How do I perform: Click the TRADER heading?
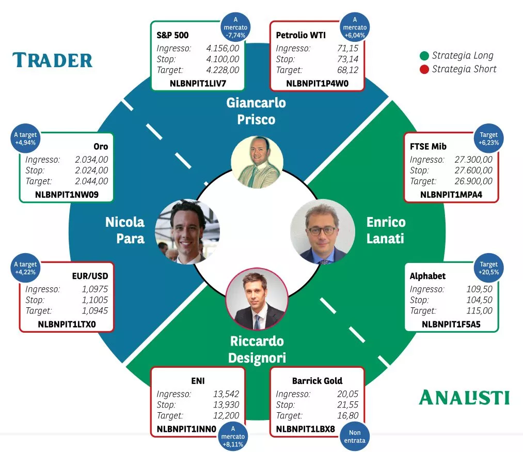tap(52, 60)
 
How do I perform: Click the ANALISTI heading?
tap(464, 397)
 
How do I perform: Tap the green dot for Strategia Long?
tap(424, 56)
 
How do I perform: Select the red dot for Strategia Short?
tap(424, 69)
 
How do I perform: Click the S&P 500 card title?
tap(172, 36)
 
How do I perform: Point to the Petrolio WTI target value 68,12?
tap(347, 70)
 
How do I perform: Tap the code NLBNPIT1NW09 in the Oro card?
tap(67, 195)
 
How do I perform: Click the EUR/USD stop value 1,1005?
tap(95, 300)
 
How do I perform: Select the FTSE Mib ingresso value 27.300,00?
tap(473, 160)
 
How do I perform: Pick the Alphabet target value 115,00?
tap(479, 311)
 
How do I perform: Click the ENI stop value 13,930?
tap(226, 405)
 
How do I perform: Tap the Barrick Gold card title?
tap(317, 381)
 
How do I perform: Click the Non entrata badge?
tap(355, 437)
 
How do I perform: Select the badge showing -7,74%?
tap(235, 27)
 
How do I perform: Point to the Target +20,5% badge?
tap(488, 268)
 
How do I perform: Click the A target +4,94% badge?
tap(25, 138)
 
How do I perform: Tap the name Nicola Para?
tap(125, 230)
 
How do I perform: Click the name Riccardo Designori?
tap(257, 349)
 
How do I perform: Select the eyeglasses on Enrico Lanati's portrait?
tap(322, 230)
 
